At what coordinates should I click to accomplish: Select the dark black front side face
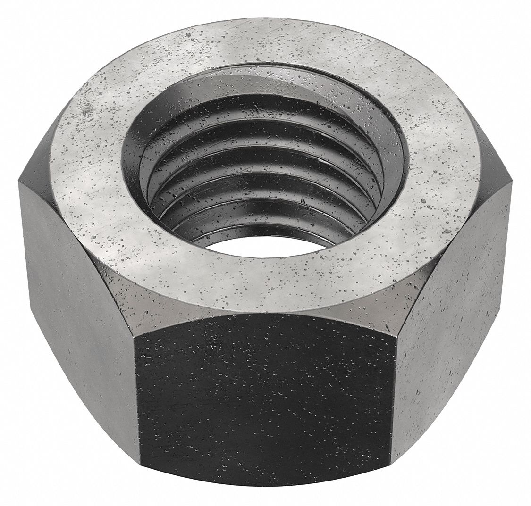(264, 406)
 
